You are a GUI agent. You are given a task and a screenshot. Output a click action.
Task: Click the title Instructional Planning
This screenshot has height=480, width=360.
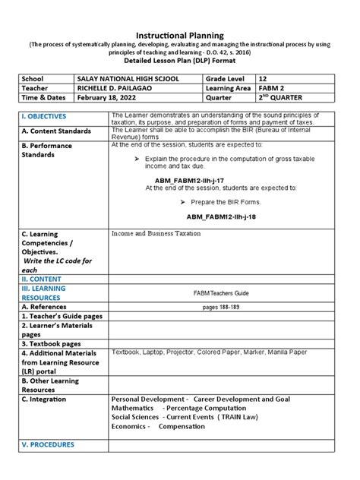tap(179, 36)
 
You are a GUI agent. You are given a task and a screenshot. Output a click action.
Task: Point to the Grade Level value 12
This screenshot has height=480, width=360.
tap(263, 78)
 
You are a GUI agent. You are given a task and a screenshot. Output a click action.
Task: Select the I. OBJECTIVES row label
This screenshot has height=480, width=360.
tap(44, 116)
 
